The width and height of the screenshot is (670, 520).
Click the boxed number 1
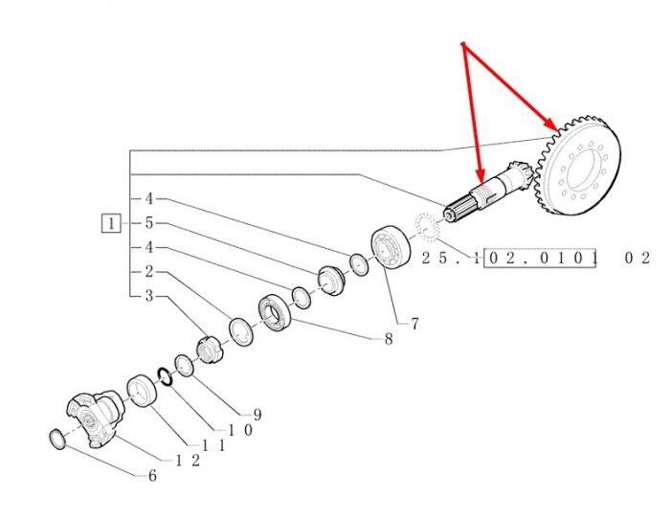[111, 223]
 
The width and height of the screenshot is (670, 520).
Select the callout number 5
[148, 223]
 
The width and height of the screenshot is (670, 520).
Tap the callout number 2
[148, 271]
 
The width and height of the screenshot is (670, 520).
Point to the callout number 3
[148, 296]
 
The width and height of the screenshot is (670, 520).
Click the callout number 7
[414, 324]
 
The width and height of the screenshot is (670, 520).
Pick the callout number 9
[257, 414]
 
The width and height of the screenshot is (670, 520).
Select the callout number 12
[188, 461]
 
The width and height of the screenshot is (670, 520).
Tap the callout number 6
[152, 476]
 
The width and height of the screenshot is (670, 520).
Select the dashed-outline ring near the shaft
[427, 227]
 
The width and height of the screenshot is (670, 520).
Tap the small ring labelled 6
[57, 440]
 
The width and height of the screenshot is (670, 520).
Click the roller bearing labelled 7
[391, 247]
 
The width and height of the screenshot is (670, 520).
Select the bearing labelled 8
[276, 313]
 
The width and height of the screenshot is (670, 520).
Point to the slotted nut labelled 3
[210, 350]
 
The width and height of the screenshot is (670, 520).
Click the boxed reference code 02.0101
[539, 258]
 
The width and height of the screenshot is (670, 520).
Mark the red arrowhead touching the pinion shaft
[480, 174]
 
